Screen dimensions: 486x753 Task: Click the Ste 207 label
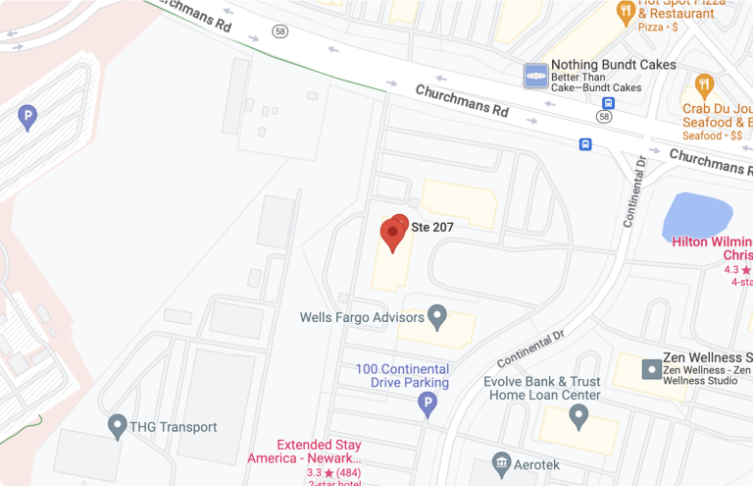pos(431,226)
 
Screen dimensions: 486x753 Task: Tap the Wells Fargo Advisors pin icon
pos(437,316)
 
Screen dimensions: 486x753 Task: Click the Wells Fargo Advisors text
pos(362,317)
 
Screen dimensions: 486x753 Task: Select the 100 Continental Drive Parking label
pos(402,375)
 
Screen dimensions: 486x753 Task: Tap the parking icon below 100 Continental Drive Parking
pos(427,403)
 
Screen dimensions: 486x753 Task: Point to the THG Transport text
pos(175,427)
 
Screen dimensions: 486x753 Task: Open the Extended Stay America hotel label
pos(319,451)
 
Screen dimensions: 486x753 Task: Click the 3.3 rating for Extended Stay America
pos(314,473)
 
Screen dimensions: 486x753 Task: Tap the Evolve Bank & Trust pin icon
pos(578,416)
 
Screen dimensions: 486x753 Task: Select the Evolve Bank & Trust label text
pos(543,388)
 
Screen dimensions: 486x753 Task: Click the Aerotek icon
pos(501,461)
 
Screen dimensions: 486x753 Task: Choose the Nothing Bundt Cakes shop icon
pos(535,76)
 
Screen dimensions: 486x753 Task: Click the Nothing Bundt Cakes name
pos(613,65)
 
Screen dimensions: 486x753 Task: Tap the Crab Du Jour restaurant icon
pos(702,85)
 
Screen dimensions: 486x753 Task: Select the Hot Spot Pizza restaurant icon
pos(625,11)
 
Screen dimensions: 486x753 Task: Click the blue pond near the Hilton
pos(697,216)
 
